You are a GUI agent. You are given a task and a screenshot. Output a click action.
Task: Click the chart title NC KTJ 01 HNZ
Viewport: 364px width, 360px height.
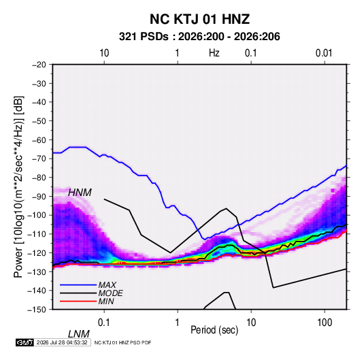click(x=199, y=19)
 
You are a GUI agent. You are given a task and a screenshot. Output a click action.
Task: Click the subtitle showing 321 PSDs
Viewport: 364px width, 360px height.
click(x=199, y=37)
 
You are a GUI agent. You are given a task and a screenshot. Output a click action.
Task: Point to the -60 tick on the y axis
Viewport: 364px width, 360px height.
click(x=39, y=140)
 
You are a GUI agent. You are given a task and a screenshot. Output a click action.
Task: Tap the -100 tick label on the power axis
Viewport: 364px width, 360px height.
click(x=37, y=215)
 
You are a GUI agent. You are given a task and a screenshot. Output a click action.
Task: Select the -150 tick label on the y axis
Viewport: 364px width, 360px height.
click(x=37, y=310)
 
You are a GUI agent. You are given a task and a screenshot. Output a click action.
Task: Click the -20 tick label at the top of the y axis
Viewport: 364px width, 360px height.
click(x=39, y=65)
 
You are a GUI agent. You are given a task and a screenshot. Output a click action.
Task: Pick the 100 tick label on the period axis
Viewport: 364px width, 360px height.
click(x=325, y=323)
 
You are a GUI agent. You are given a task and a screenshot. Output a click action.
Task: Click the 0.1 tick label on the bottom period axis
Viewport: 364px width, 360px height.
click(x=104, y=323)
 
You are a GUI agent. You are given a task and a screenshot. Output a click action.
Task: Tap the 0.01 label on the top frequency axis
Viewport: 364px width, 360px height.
click(x=324, y=53)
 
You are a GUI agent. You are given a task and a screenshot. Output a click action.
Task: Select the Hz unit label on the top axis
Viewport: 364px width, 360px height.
click(x=214, y=53)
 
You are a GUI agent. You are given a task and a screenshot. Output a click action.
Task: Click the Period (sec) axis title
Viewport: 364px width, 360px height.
click(x=214, y=330)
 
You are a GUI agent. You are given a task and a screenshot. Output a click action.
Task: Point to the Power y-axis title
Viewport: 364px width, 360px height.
click(x=18, y=186)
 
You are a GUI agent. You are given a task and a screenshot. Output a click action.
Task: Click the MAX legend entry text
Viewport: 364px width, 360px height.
click(x=107, y=285)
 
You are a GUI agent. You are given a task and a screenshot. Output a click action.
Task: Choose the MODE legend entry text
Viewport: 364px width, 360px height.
click(x=110, y=293)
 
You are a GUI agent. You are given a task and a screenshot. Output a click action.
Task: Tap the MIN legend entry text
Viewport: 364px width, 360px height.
click(x=106, y=301)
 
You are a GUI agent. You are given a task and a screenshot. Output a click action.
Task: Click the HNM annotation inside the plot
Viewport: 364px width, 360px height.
click(x=80, y=193)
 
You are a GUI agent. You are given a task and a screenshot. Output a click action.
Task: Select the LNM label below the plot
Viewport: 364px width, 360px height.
click(x=79, y=334)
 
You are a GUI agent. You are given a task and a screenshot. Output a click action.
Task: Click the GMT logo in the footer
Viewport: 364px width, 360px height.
click(x=25, y=342)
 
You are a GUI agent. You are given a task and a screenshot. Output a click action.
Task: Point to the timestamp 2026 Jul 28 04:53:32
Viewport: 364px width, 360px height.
click(x=62, y=342)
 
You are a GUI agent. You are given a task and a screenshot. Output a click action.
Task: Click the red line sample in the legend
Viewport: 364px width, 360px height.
click(x=78, y=301)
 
